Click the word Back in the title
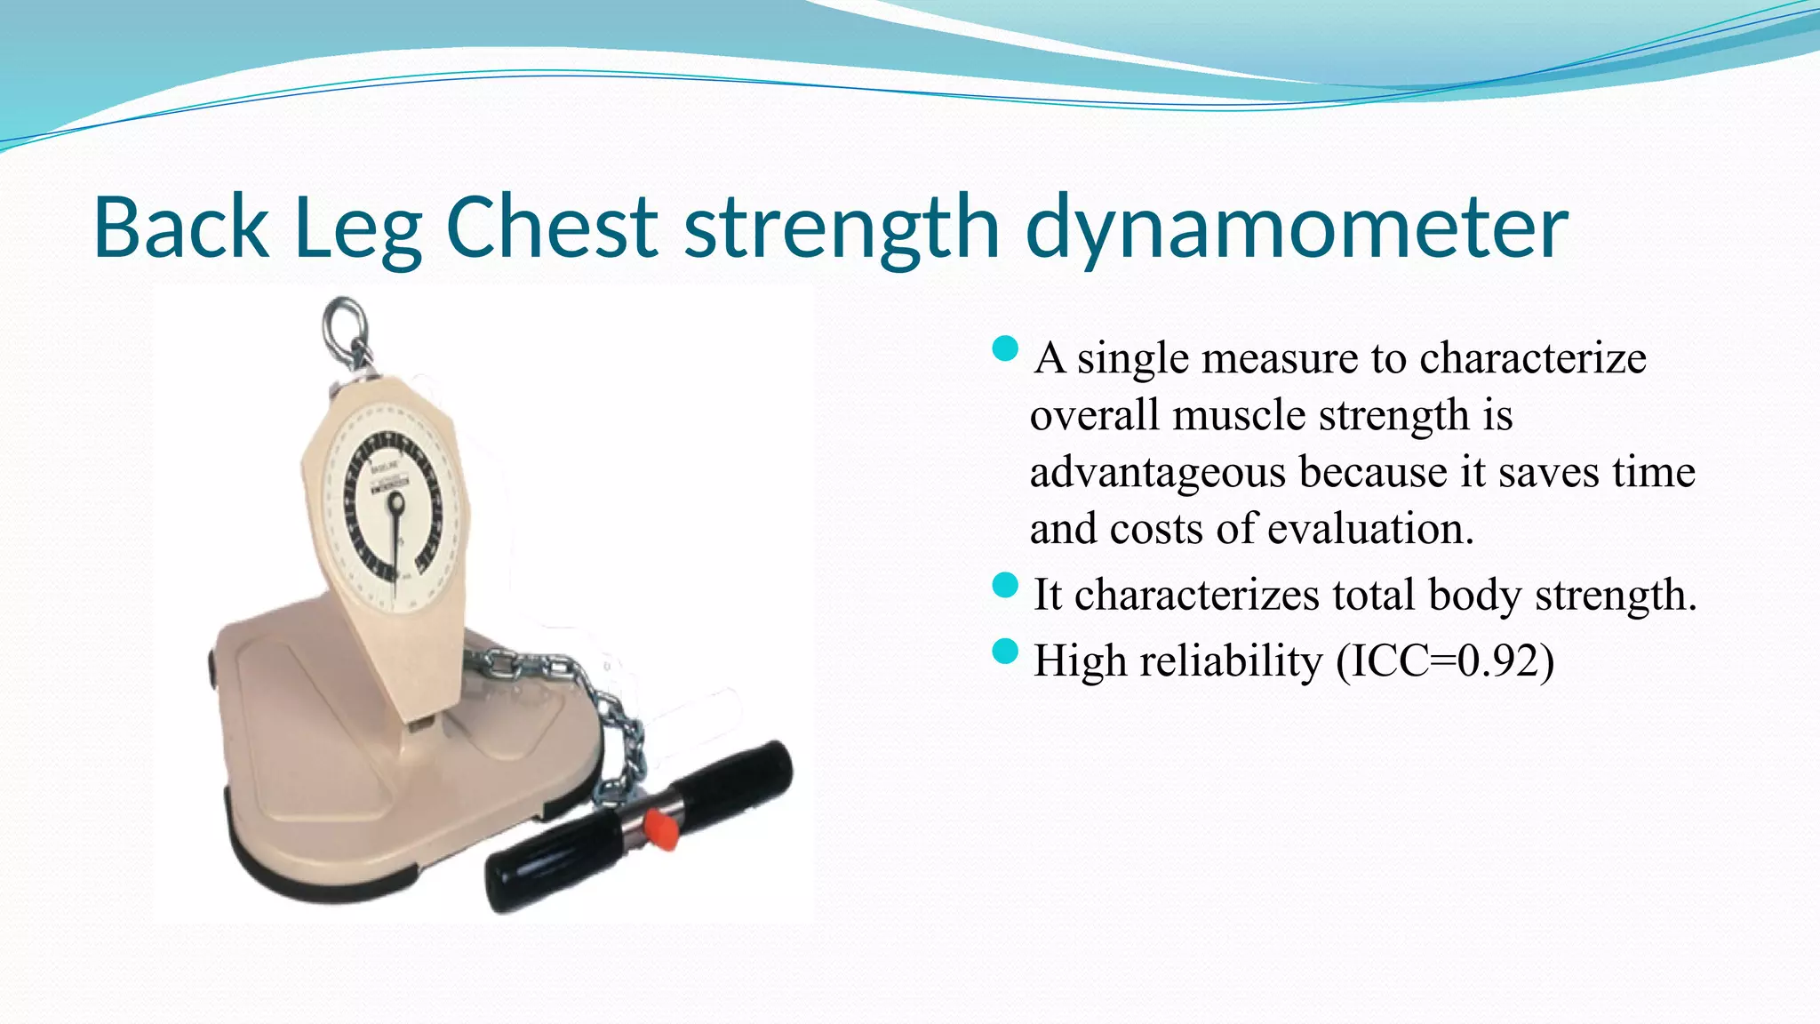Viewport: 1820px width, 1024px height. pyautogui.click(x=181, y=228)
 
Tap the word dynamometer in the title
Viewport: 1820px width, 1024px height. pyautogui.click(x=1297, y=228)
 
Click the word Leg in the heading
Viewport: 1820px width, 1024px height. pyautogui.click(x=357, y=228)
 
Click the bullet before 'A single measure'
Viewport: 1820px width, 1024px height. pyautogui.click(x=1004, y=349)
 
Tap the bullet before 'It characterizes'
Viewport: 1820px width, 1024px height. pyautogui.click(x=1004, y=586)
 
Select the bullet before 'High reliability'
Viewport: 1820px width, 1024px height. pyautogui.click(x=1004, y=652)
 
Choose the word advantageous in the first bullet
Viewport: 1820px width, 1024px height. pyautogui.click(x=1157, y=472)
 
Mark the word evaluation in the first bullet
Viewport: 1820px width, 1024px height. pyautogui.click(x=1369, y=529)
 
